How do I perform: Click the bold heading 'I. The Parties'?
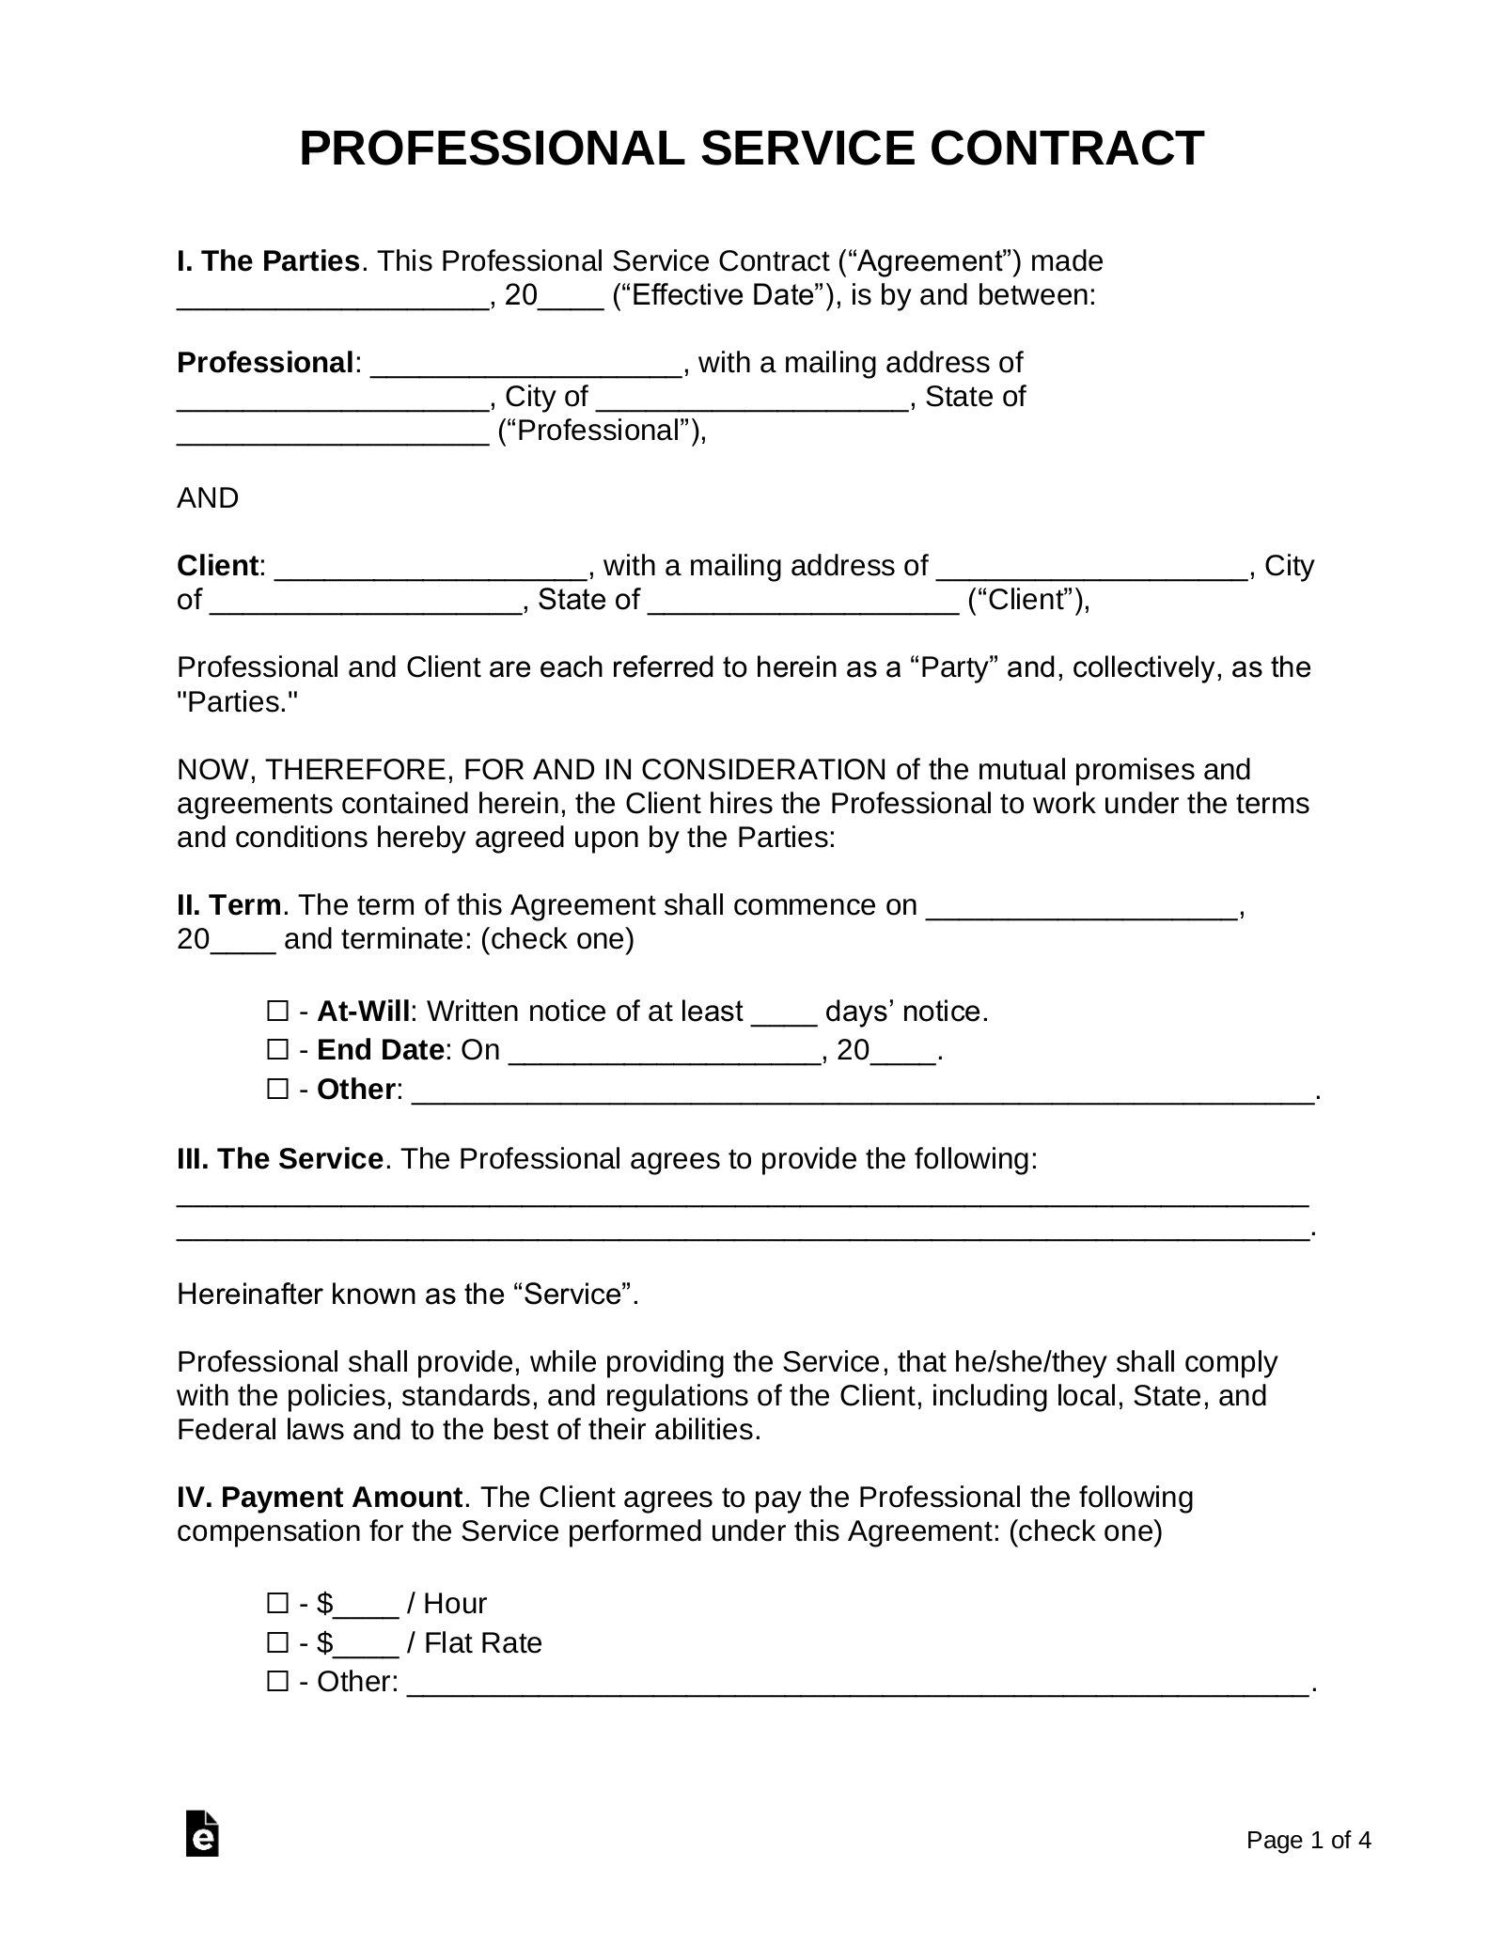(x=268, y=261)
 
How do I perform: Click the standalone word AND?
(x=208, y=498)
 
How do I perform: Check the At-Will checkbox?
(x=277, y=1012)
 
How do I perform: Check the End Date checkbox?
(x=277, y=1050)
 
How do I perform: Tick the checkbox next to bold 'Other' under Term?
(x=277, y=1090)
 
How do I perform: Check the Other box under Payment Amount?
(x=277, y=1681)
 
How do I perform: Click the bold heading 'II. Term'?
(x=228, y=905)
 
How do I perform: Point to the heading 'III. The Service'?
(x=279, y=1159)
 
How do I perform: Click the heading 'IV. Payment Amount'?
(x=319, y=1498)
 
